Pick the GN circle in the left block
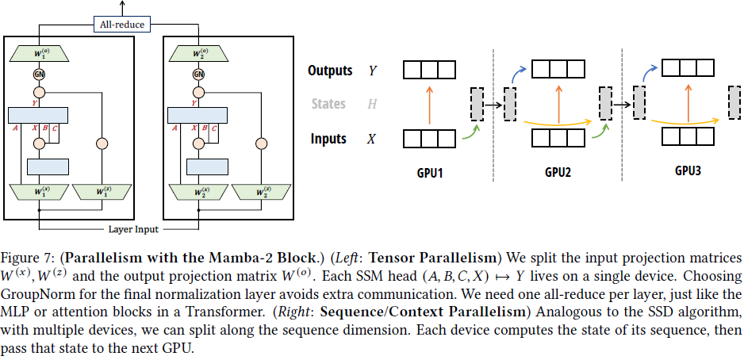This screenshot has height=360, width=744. (39, 75)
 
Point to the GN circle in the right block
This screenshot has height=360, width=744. (198, 75)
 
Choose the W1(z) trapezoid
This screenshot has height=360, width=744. (101, 191)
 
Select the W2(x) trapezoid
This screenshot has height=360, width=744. (198, 191)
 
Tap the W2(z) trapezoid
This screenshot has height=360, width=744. (259, 191)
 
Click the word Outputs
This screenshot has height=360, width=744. (330, 71)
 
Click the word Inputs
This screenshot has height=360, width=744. (328, 139)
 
